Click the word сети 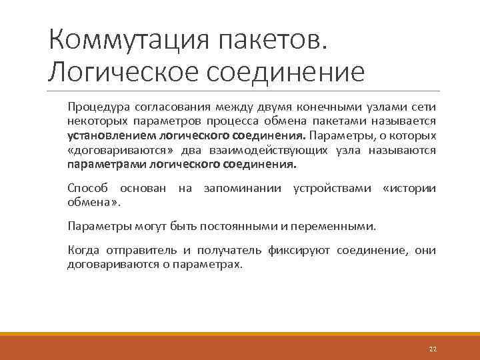[425, 106]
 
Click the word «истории [410, 188]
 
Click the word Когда [83, 250]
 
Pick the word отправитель [140, 250]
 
